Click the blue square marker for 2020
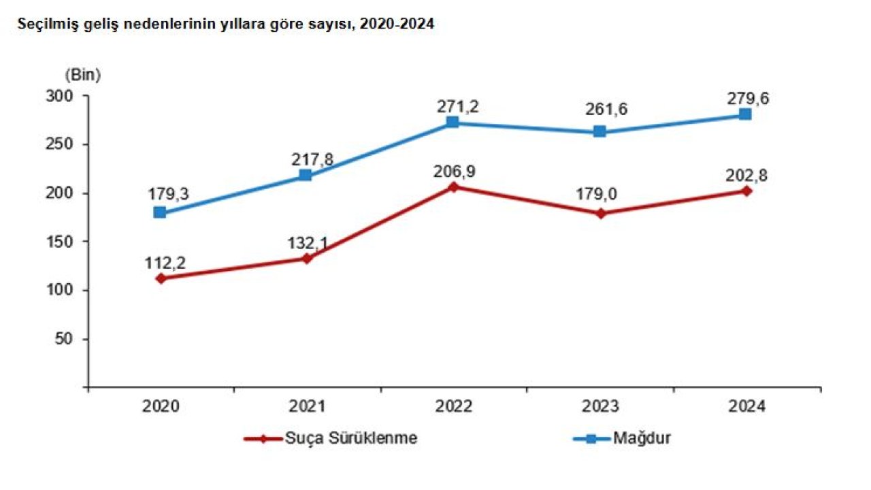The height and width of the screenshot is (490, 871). (160, 212)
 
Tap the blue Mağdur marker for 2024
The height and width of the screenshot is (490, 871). (746, 114)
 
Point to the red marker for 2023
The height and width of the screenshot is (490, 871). (600, 214)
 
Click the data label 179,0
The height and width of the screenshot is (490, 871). (600, 196)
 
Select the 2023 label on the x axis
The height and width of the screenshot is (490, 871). (600, 407)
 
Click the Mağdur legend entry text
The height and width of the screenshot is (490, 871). (642, 438)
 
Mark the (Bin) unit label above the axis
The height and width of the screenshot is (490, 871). (83, 75)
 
